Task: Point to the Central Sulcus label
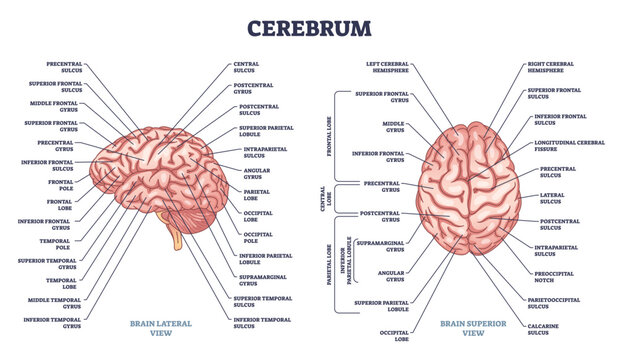246,66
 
